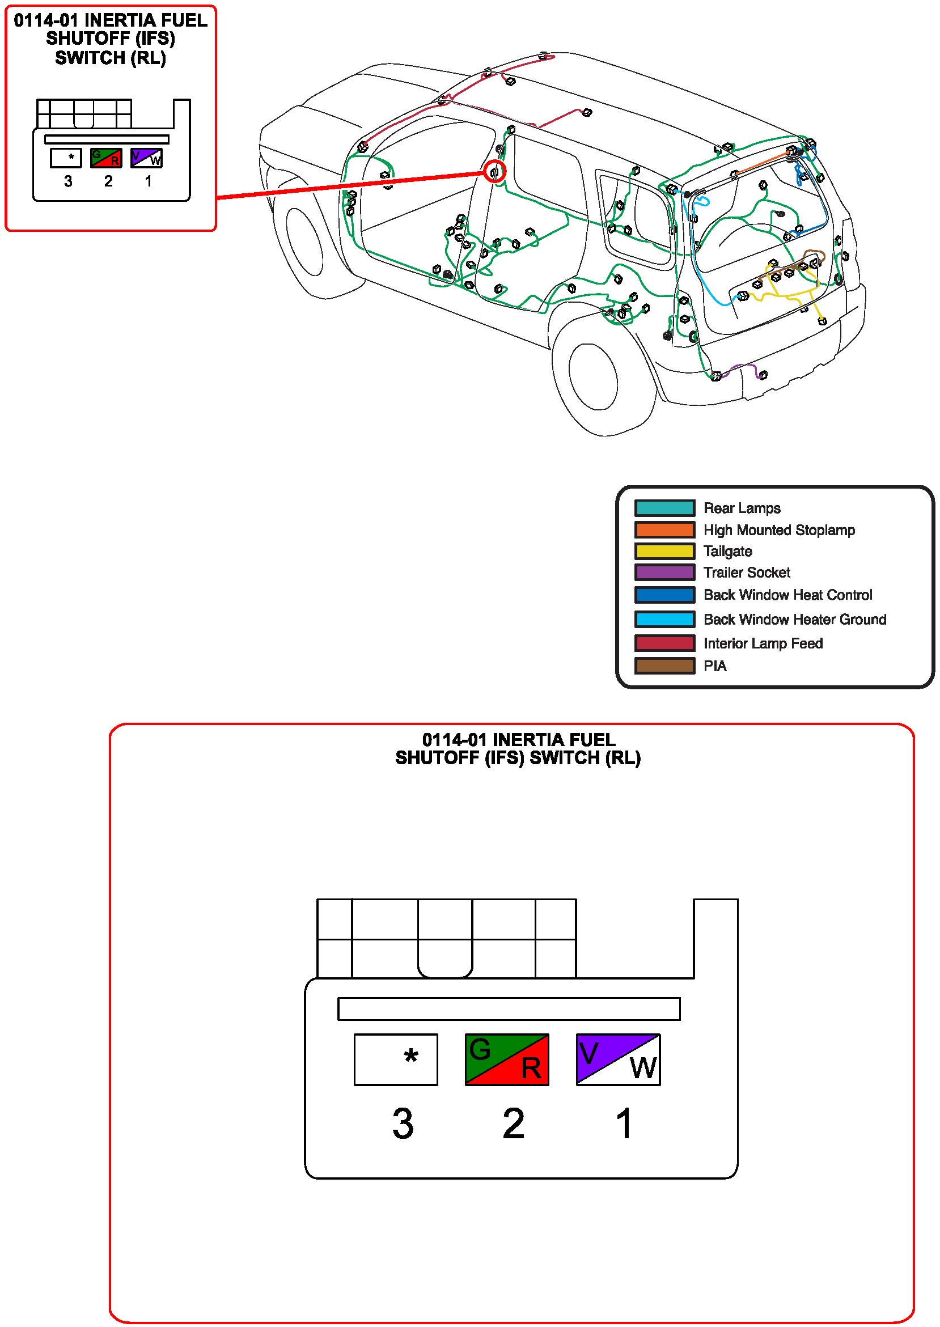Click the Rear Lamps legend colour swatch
point(664,507)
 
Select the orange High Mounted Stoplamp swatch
point(664,529)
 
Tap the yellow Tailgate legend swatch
point(664,551)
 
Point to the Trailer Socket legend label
point(746,573)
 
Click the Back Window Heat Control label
point(787,595)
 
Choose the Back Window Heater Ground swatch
point(664,619)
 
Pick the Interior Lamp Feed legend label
point(763,643)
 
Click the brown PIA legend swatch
point(664,665)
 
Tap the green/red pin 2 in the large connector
point(506,1059)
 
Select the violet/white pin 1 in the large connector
point(617,1059)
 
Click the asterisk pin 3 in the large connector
point(395,1059)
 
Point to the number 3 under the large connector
point(403,1124)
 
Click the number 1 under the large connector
point(624,1124)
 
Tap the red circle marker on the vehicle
point(494,171)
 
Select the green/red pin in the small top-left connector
point(106,158)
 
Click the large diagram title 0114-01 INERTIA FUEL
point(518,740)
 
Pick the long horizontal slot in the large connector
point(508,1008)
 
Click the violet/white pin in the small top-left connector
point(146,158)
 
